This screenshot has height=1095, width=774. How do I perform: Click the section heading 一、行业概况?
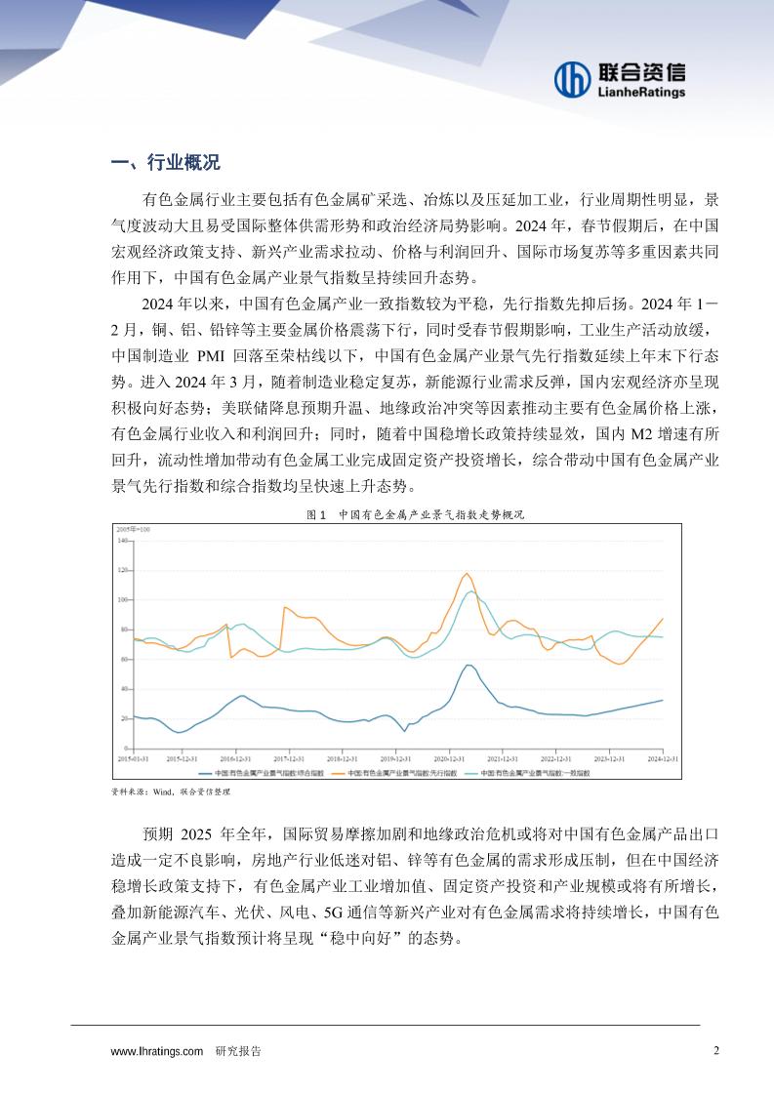point(165,162)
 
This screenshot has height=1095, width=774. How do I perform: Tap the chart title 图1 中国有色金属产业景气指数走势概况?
point(415,514)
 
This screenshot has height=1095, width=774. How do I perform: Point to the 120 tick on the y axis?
point(124,569)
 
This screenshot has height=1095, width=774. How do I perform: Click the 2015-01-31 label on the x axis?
point(133,756)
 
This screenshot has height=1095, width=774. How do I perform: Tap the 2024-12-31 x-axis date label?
point(663,756)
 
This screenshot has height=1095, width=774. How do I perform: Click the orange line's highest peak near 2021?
point(467,573)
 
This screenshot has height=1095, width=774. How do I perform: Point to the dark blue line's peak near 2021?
point(468,665)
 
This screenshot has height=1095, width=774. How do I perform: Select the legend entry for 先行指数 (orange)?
point(394,772)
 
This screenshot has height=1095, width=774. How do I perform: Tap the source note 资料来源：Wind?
point(171,793)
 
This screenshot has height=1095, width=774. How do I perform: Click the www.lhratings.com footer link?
point(157,1051)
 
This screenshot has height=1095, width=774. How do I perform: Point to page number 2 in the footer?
point(716,1051)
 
